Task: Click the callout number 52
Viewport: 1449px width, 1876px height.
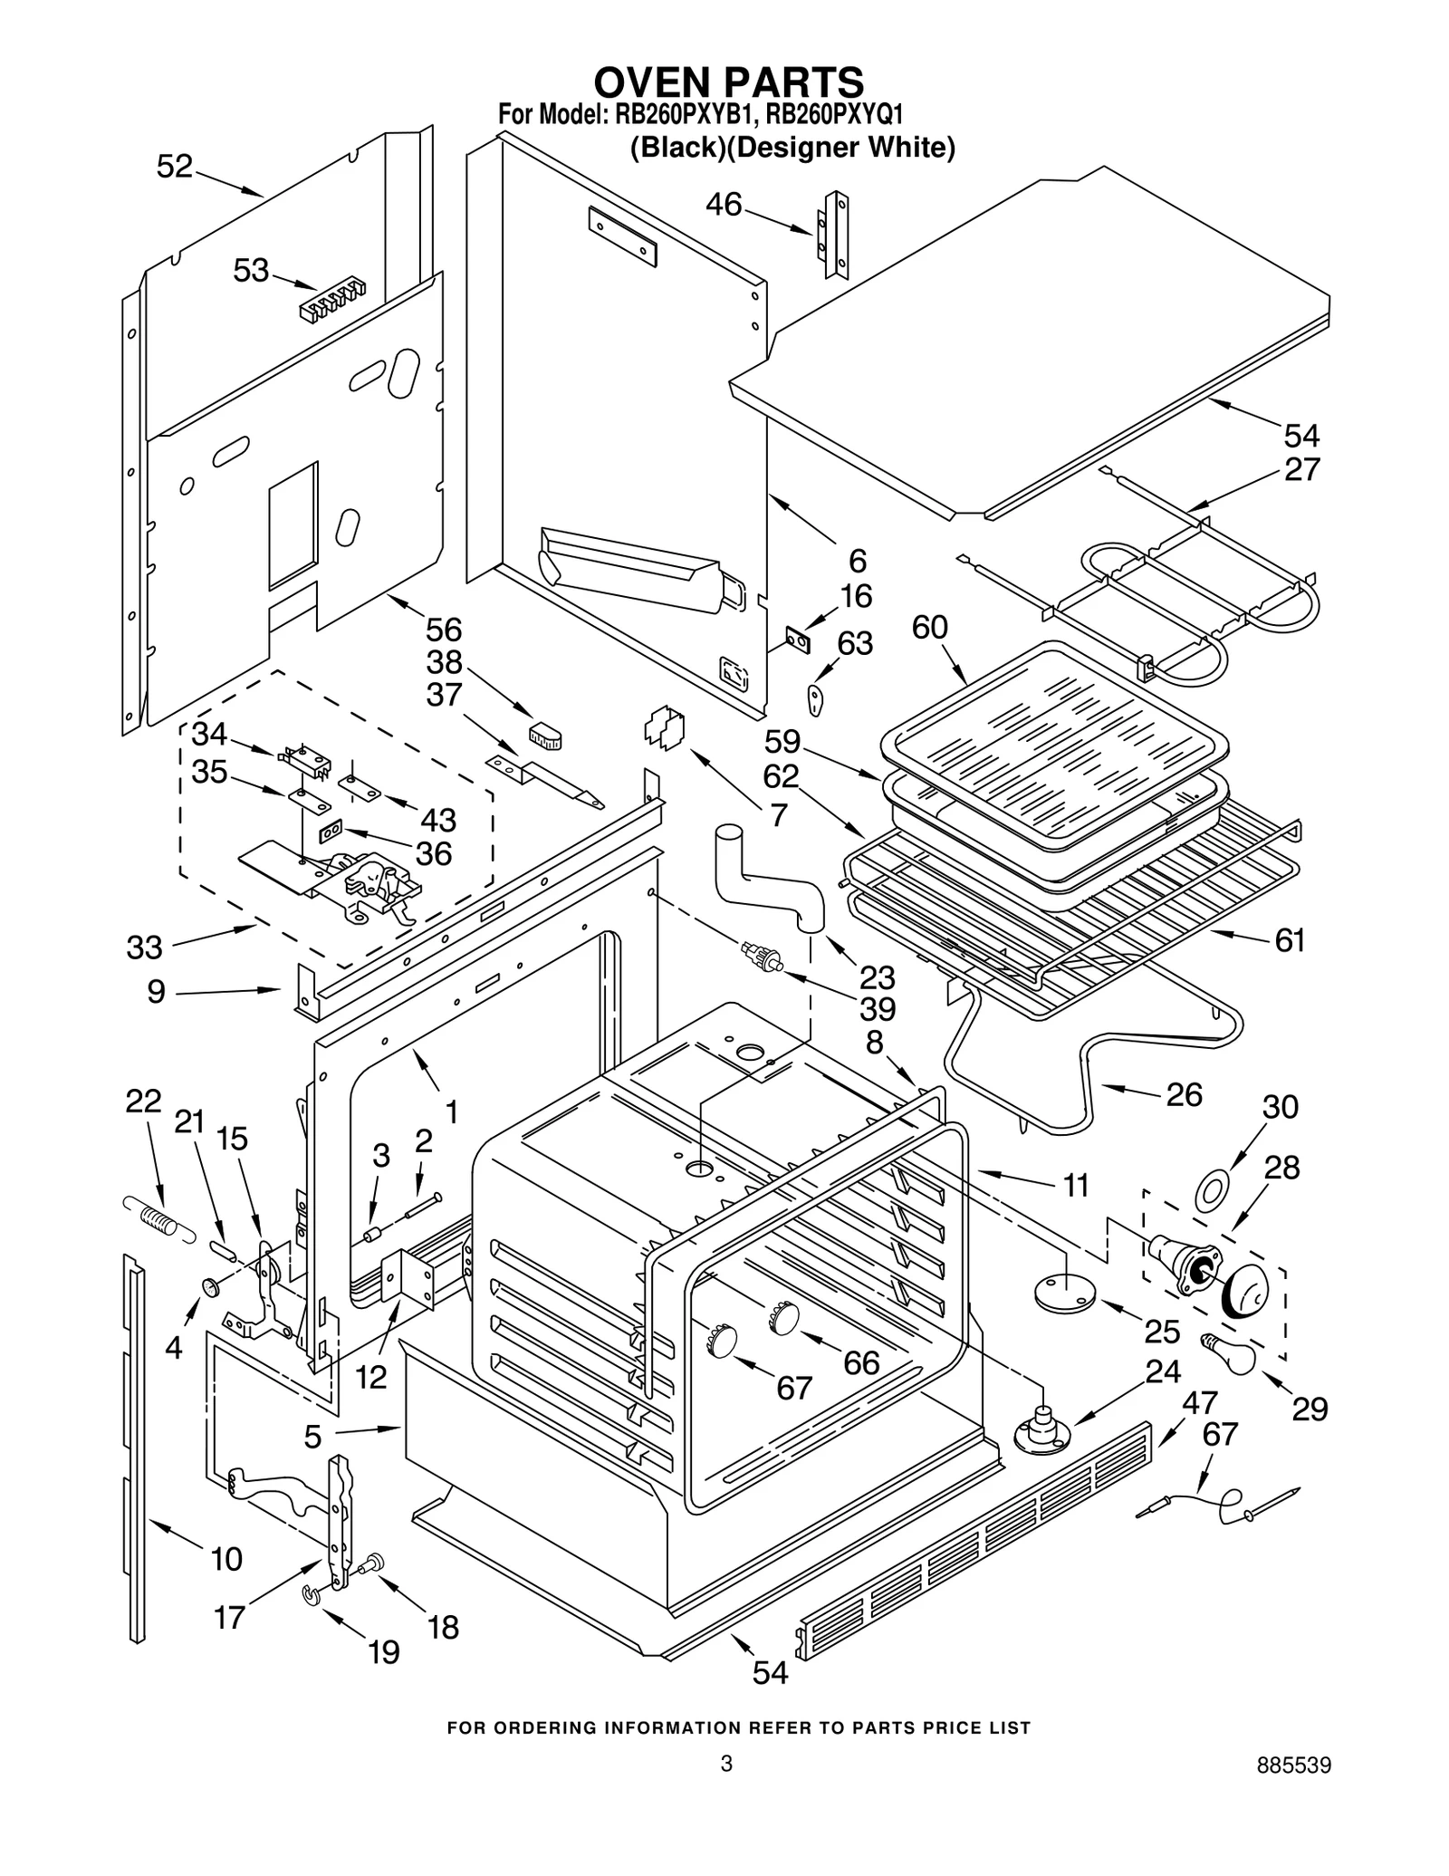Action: click(x=175, y=167)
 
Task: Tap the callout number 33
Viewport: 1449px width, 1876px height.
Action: click(x=145, y=948)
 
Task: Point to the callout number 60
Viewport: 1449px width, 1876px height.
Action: click(x=930, y=627)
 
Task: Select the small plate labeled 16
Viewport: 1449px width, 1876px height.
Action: click(x=797, y=641)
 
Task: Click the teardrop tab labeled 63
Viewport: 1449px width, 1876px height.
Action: click(x=815, y=699)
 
